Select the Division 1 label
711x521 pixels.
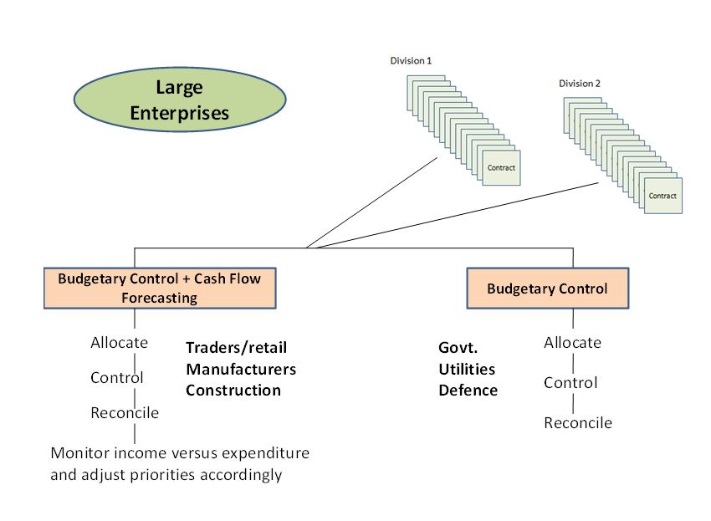coord(411,61)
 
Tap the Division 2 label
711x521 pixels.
coord(580,84)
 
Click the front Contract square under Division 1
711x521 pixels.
coord(501,168)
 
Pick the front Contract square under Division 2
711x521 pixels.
coord(662,196)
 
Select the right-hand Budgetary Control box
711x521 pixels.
coord(547,289)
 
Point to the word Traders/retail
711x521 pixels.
coord(236,348)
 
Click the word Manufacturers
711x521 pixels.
coord(241,369)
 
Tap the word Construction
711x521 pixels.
coord(233,391)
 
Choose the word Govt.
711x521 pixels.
coord(458,348)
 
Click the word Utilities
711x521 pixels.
coord(467,369)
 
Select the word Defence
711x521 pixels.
coord(468,391)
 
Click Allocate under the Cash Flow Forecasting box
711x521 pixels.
coord(119,342)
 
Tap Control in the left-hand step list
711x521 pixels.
coord(117,377)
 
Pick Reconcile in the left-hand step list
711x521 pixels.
coord(125,412)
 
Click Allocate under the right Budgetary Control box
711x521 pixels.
coord(572,342)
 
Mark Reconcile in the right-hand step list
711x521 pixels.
coord(578,422)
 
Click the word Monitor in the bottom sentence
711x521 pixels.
coord(79,453)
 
